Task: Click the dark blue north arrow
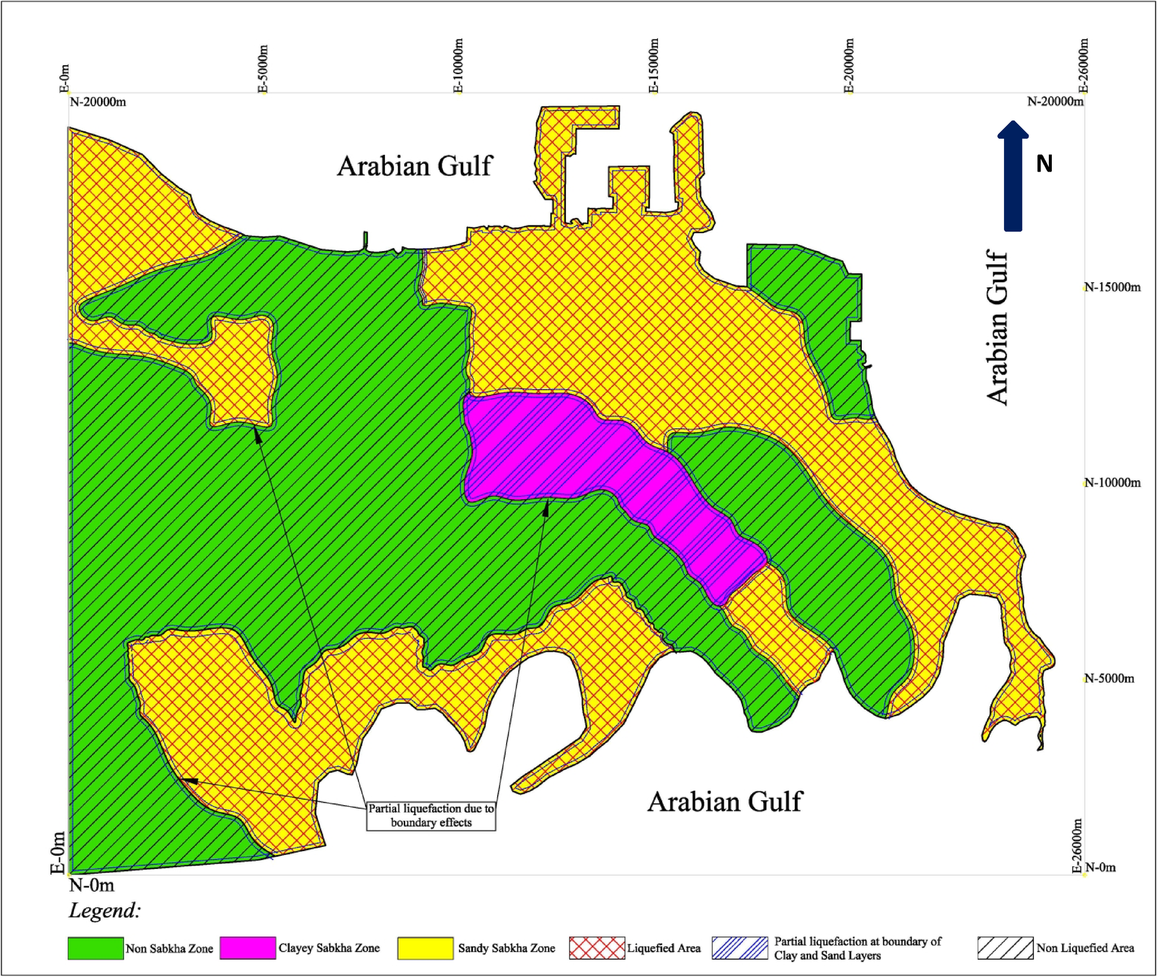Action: pos(1012,177)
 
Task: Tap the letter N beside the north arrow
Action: pos(1044,164)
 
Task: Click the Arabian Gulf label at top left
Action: pos(414,166)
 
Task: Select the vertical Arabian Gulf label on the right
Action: pos(997,328)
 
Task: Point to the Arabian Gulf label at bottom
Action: pos(724,801)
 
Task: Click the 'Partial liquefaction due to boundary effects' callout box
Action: pos(431,815)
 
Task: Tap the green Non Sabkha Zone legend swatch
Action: pos(96,948)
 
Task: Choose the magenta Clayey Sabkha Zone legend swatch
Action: pos(247,948)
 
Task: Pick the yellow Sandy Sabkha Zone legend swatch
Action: pos(425,948)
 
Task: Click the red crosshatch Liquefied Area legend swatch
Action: pos(596,948)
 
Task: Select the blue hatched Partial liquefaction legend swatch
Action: pos(739,948)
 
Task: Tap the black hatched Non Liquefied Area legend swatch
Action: pos(1005,948)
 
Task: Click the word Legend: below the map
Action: pos(105,910)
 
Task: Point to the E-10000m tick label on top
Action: pos(458,66)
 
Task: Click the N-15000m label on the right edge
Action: pos(1112,287)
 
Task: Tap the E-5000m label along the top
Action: pos(264,69)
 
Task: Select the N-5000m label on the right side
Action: pos(1109,678)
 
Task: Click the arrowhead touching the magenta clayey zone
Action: pos(546,508)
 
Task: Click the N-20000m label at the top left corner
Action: pos(98,102)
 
